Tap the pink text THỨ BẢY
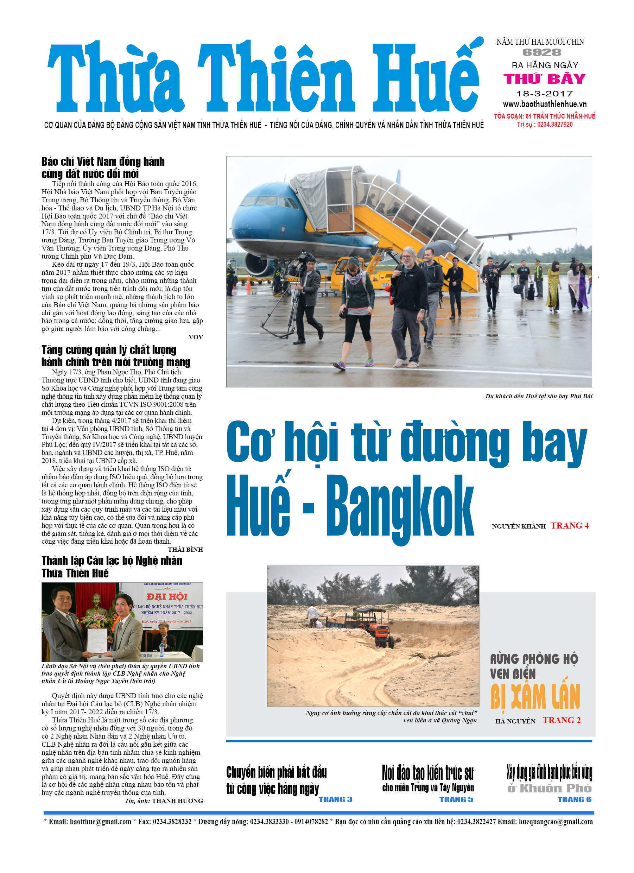544,79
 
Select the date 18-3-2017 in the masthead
544,94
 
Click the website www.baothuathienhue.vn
544,104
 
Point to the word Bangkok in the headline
400,506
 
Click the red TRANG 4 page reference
569,526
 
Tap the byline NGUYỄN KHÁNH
519,526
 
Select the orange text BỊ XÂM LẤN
535,697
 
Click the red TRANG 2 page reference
562,721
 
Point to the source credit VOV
196,337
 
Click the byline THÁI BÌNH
185,550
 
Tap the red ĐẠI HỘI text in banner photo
167,597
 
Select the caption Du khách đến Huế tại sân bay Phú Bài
539,397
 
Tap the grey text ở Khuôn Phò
549,788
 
